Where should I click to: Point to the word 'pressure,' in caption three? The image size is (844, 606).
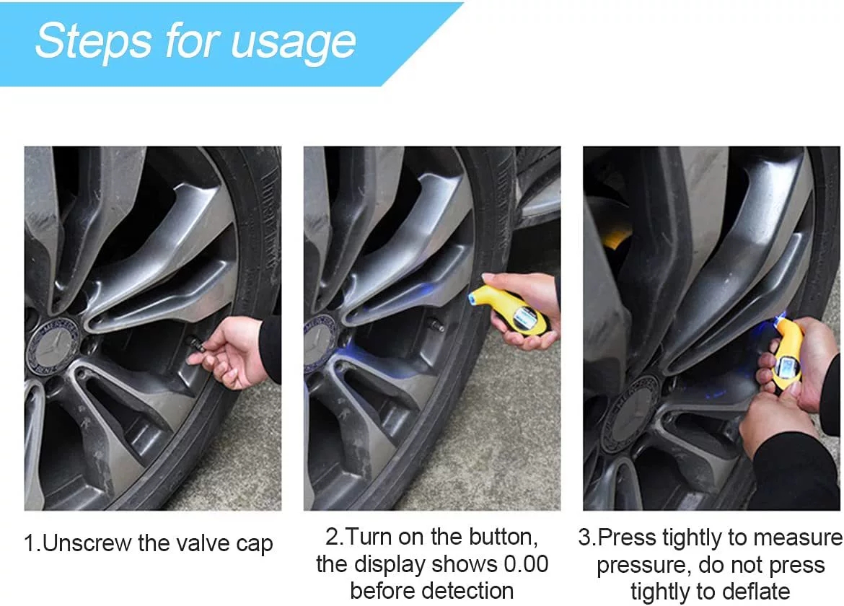(638, 564)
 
